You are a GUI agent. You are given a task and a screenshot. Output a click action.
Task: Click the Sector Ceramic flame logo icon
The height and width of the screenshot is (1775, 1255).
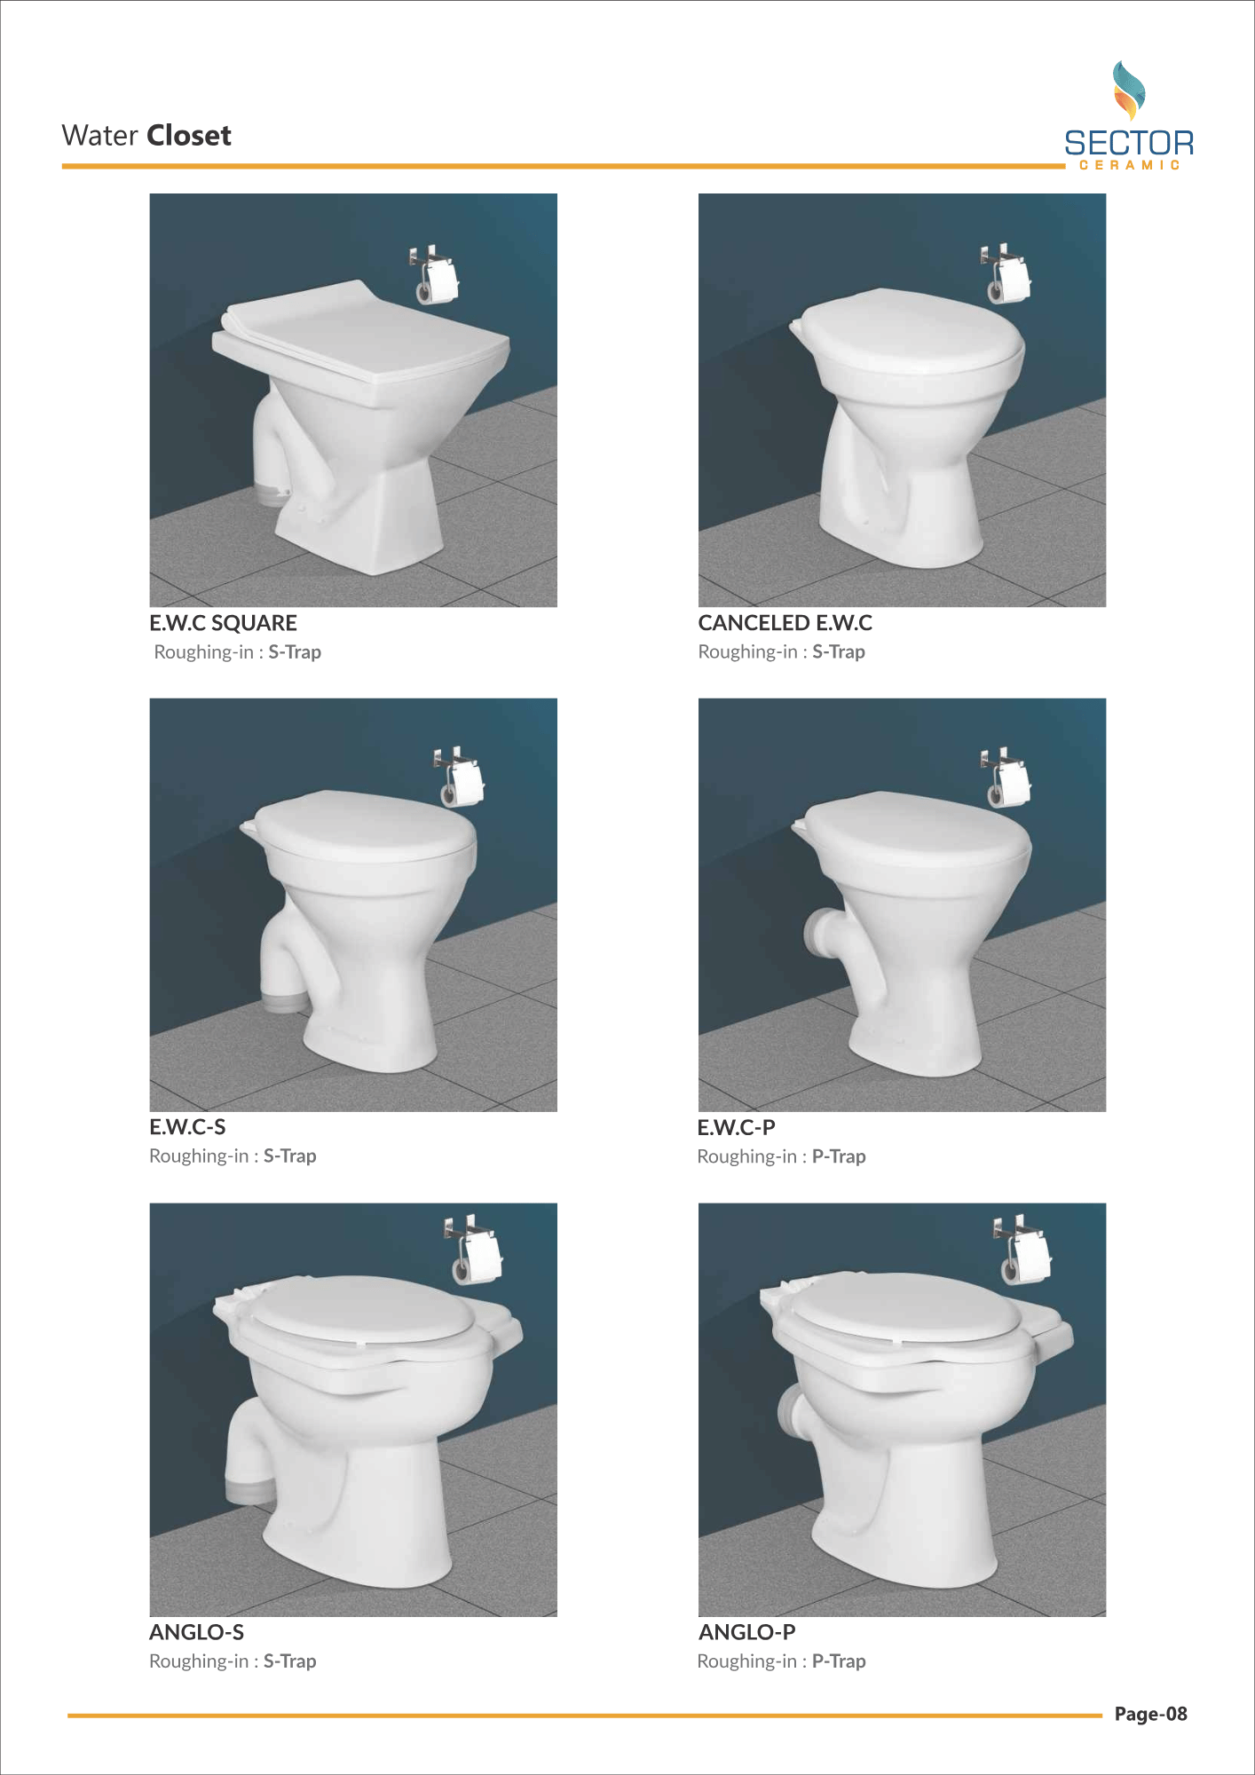[1129, 91]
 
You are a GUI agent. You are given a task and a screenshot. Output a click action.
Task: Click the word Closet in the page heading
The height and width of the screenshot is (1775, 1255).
[189, 136]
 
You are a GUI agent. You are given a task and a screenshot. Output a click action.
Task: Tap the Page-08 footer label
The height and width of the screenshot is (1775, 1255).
[1150, 1714]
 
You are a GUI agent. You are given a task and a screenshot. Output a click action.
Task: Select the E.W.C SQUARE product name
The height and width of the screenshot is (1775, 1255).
[223, 623]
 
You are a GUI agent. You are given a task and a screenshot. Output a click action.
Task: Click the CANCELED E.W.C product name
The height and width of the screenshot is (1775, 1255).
[785, 623]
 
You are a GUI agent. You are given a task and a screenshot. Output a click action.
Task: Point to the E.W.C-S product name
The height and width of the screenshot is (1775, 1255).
[187, 1127]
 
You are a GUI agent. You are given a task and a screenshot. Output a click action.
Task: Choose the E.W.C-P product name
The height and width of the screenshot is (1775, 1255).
[736, 1128]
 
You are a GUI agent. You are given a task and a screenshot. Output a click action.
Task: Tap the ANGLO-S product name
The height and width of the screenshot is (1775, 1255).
[196, 1632]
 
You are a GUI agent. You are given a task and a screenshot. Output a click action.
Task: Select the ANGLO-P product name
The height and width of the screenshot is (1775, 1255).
[746, 1632]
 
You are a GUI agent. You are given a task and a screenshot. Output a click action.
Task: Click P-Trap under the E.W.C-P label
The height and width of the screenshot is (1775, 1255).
[839, 1156]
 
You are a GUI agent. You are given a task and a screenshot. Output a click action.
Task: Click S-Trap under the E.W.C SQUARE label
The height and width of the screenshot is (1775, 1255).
[295, 652]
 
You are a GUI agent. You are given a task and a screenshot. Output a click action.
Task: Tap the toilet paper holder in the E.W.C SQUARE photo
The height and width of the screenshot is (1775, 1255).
[434, 274]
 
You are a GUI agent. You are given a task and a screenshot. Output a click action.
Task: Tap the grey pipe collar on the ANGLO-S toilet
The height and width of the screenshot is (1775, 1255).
[251, 1490]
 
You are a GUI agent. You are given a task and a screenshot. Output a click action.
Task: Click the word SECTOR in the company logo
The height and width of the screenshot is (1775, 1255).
[1129, 143]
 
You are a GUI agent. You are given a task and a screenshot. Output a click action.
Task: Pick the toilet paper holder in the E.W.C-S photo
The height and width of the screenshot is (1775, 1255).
[459, 777]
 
